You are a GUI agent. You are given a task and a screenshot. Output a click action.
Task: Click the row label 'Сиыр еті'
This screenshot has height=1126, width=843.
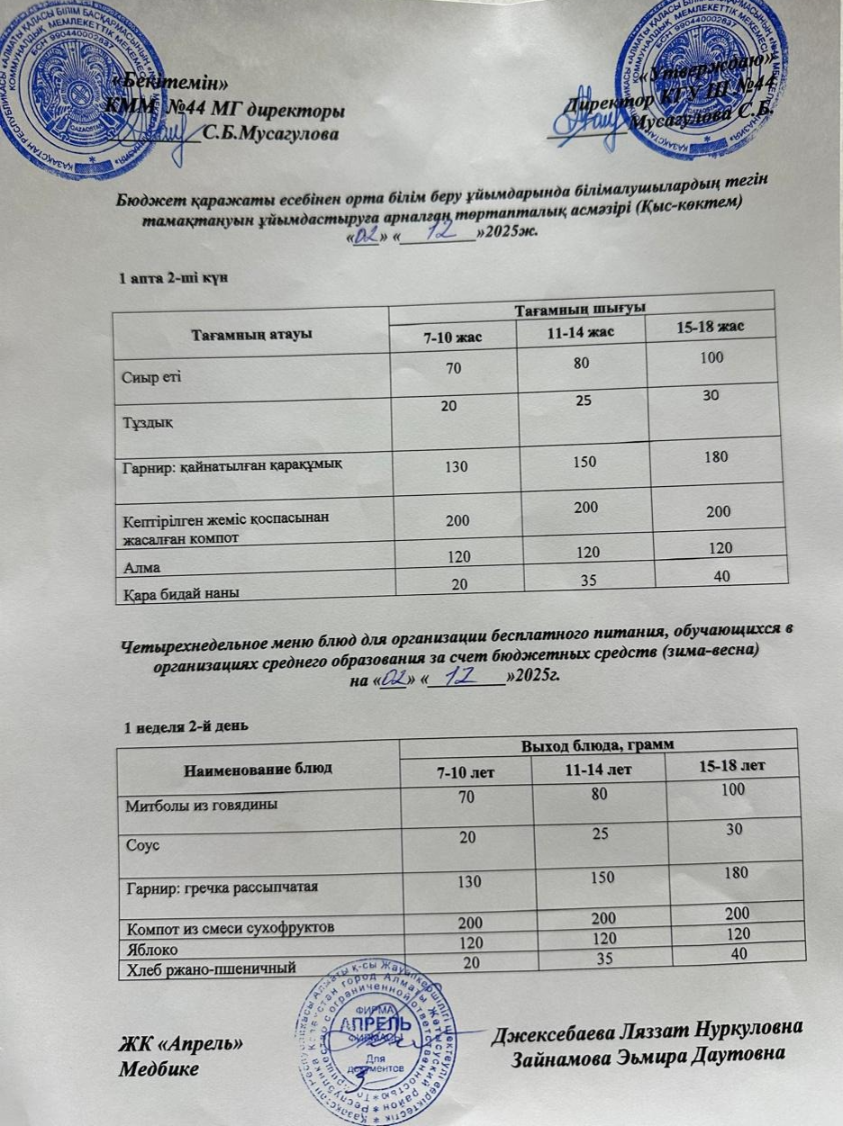(150, 374)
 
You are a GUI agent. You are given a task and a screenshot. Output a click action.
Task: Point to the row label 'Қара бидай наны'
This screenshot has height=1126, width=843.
(176, 592)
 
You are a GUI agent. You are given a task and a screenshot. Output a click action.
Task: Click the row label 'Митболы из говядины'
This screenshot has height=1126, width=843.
(199, 804)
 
